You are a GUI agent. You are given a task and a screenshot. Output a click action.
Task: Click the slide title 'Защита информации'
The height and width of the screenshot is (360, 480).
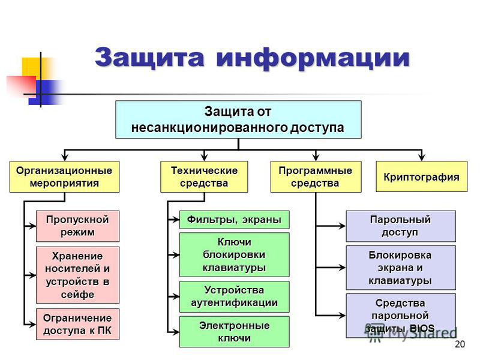(252, 58)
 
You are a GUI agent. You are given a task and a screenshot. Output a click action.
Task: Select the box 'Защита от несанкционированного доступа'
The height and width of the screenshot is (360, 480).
(238, 119)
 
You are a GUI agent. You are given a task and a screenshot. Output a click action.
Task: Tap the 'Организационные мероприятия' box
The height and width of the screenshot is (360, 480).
(64, 176)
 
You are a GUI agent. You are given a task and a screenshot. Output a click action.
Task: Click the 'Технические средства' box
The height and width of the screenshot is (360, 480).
(204, 176)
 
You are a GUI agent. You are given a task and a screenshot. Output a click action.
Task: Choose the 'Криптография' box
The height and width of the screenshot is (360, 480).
(421, 176)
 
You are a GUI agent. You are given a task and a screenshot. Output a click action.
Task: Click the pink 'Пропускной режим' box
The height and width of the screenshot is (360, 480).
(78, 226)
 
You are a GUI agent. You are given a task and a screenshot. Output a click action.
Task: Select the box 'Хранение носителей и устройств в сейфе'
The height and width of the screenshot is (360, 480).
(78, 274)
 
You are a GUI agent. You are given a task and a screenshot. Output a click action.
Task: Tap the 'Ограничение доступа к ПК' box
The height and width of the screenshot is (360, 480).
(78, 323)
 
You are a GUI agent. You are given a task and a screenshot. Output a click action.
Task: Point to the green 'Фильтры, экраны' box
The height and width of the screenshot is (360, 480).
(235, 219)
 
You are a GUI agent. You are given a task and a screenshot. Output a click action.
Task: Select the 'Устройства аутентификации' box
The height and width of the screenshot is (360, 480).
(235, 296)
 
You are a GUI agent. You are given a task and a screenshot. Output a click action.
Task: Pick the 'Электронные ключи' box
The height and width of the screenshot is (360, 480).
(235, 331)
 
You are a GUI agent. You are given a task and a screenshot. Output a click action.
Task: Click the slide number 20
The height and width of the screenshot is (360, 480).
(460, 344)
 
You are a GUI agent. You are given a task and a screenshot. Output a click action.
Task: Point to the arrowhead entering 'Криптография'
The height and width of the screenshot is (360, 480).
(422, 158)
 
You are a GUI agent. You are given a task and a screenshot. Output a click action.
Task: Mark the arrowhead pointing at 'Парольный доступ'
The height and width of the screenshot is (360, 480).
(343, 226)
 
